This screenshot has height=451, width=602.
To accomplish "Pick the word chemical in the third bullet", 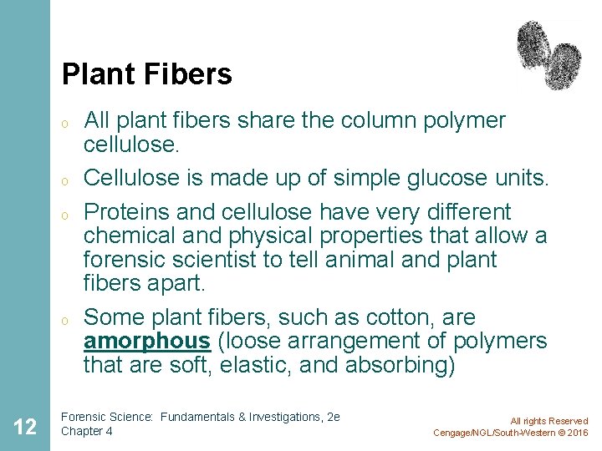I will click(x=125, y=236).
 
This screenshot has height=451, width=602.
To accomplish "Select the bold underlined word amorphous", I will click(x=147, y=342).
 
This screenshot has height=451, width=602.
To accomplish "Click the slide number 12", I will click(x=25, y=427).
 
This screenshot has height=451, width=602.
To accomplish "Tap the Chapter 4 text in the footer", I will click(x=88, y=431).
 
